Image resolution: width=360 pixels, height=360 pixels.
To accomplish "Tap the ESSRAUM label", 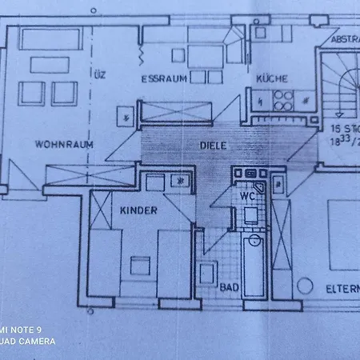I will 164,79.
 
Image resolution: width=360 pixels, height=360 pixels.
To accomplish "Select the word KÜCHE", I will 272,79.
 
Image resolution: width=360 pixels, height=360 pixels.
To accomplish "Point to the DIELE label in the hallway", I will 214,146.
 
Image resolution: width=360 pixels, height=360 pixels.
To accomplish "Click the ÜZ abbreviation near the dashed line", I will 99,77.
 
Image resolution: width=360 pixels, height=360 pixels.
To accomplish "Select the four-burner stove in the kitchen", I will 282,99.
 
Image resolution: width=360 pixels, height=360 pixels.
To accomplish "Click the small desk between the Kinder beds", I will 139,265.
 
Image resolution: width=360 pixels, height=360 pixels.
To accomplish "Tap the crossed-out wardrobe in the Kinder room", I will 102,210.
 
